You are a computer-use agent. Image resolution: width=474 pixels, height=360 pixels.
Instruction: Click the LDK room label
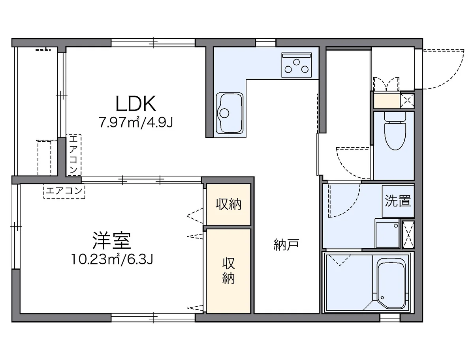coord(136,103)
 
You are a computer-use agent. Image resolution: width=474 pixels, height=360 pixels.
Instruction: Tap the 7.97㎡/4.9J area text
coord(136,123)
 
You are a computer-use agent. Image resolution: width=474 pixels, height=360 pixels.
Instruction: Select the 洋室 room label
coord(112,240)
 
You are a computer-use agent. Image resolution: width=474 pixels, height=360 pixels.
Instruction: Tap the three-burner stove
coord(296,64)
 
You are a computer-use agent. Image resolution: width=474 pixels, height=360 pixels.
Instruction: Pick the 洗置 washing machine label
coord(398,201)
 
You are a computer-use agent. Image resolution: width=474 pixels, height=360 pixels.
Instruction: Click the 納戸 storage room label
coord(286,245)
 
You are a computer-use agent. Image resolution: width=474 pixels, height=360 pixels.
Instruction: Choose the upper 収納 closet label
coord(229,204)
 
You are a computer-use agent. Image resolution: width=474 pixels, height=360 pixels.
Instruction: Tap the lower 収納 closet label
coord(229,271)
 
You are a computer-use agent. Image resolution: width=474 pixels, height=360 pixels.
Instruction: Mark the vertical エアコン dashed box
coord(74,155)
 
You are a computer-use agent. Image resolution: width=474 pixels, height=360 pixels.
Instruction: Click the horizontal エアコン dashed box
coord(64,191)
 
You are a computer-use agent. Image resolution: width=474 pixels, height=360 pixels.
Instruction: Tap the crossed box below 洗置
coord(408,235)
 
